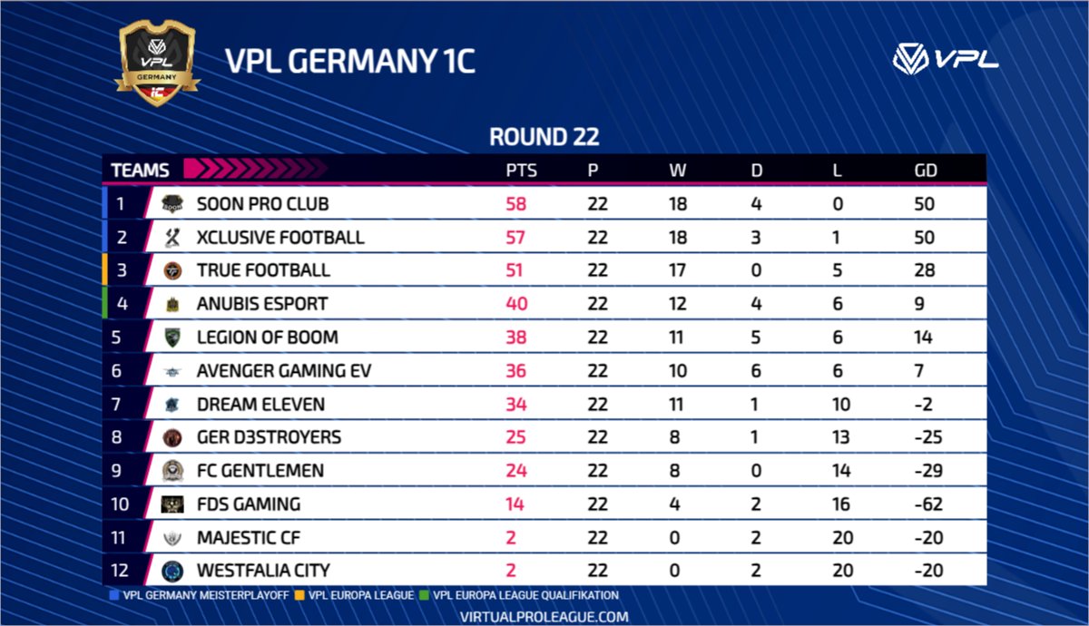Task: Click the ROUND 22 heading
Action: (544, 137)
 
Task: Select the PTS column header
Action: (521, 171)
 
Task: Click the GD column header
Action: (926, 171)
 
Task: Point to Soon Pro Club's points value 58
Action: (515, 204)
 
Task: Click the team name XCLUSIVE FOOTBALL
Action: (280, 238)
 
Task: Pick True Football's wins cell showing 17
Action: (678, 270)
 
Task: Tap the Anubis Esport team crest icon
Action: (172, 304)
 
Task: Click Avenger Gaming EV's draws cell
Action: (756, 371)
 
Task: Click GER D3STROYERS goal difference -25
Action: (928, 437)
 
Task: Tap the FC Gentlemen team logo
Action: (172, 471)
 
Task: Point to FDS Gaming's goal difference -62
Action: (928, 504)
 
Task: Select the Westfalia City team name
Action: (263, 571)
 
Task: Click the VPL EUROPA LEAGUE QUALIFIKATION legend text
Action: (525, 596)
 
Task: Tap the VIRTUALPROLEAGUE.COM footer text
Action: (544, 616)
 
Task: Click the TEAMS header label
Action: (140, 171)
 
